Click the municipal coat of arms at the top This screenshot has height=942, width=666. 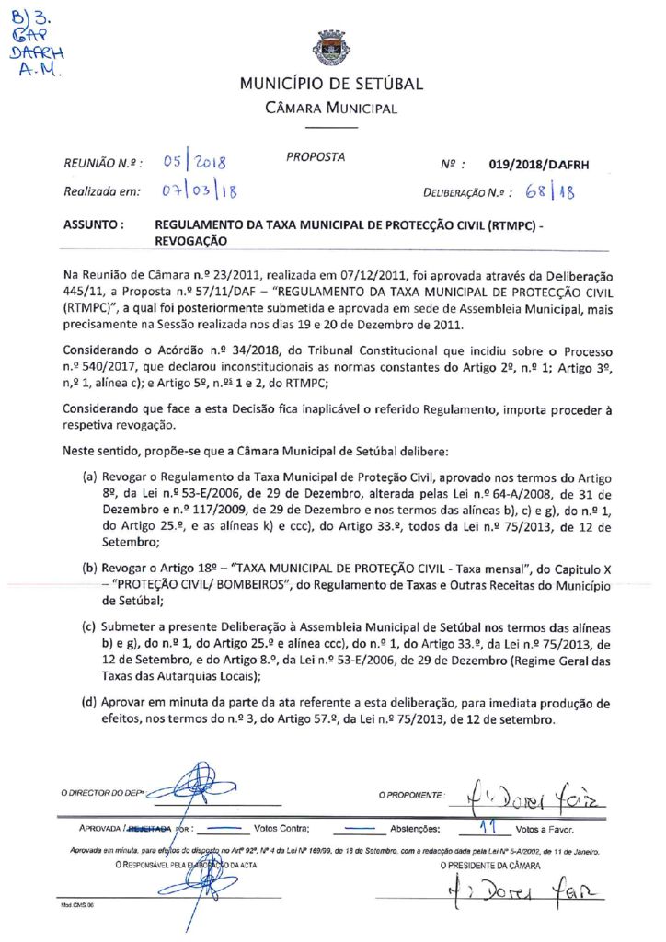click(331, 48)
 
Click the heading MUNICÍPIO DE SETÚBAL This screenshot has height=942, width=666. click(331, 84)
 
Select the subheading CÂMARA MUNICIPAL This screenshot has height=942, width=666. click(331, 109)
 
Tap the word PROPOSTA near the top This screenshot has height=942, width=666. click(316, 157)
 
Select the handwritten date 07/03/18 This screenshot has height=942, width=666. click(199, 192)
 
